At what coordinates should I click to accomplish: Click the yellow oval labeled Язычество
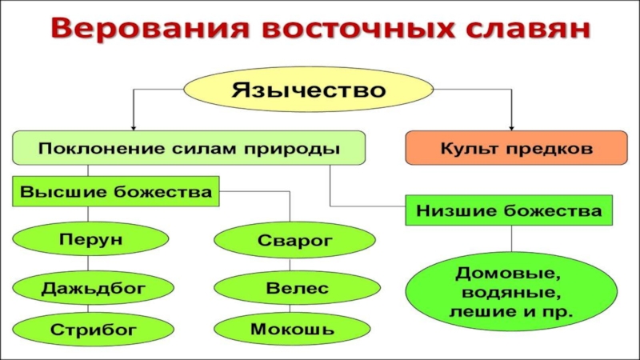[308, 90]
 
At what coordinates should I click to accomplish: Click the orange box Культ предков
[516, 148]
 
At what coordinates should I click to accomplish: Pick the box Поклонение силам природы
[189, 148]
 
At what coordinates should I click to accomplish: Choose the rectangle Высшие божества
[116, 191]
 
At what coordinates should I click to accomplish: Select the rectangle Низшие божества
[509, 210]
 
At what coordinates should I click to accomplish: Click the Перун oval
[90, 238]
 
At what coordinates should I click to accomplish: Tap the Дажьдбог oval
[93, 288]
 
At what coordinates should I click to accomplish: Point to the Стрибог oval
[93, 330]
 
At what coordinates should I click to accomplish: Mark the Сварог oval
[294, 241]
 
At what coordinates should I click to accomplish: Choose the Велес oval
[297, 288]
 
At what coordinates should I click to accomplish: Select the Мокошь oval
[292, 329]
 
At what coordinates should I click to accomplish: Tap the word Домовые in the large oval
[508, 273]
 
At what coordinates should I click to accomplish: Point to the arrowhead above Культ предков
[511, 128]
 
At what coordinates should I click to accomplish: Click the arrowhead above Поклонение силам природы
[133, 128]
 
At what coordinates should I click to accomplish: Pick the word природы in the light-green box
[292, 149]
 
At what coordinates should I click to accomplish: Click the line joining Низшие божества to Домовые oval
[511, 238]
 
